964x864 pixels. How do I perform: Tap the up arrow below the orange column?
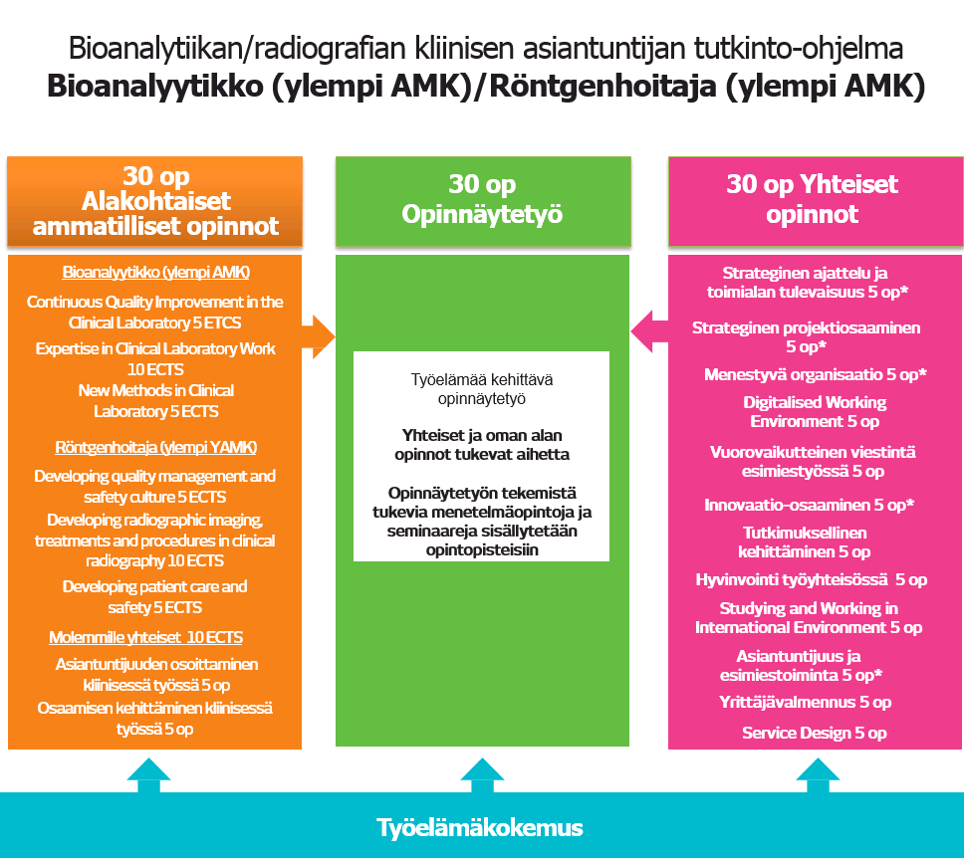(148, 775)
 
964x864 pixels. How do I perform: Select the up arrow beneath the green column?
(482, 775)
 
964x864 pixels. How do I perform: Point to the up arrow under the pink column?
(818, 775)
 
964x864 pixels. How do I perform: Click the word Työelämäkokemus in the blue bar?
(480, 828)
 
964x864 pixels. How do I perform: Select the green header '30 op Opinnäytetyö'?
(482, 199)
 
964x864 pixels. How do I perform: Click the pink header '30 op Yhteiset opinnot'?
(813, 199)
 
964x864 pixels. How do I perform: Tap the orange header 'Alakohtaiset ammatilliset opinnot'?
(155, 214)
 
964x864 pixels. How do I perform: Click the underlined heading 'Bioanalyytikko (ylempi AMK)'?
(155, 272)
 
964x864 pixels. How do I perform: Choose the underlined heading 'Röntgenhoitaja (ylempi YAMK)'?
(155, 447)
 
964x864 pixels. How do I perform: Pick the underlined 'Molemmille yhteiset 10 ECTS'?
(146, 637)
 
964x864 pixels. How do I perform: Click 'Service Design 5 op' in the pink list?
(814, 734)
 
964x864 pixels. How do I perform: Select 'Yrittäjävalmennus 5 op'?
(805, 703)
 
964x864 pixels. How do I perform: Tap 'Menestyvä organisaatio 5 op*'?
(815, 375)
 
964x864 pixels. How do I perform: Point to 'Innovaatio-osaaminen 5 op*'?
(809, 505)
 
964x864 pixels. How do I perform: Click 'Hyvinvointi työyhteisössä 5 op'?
(811, 579)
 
